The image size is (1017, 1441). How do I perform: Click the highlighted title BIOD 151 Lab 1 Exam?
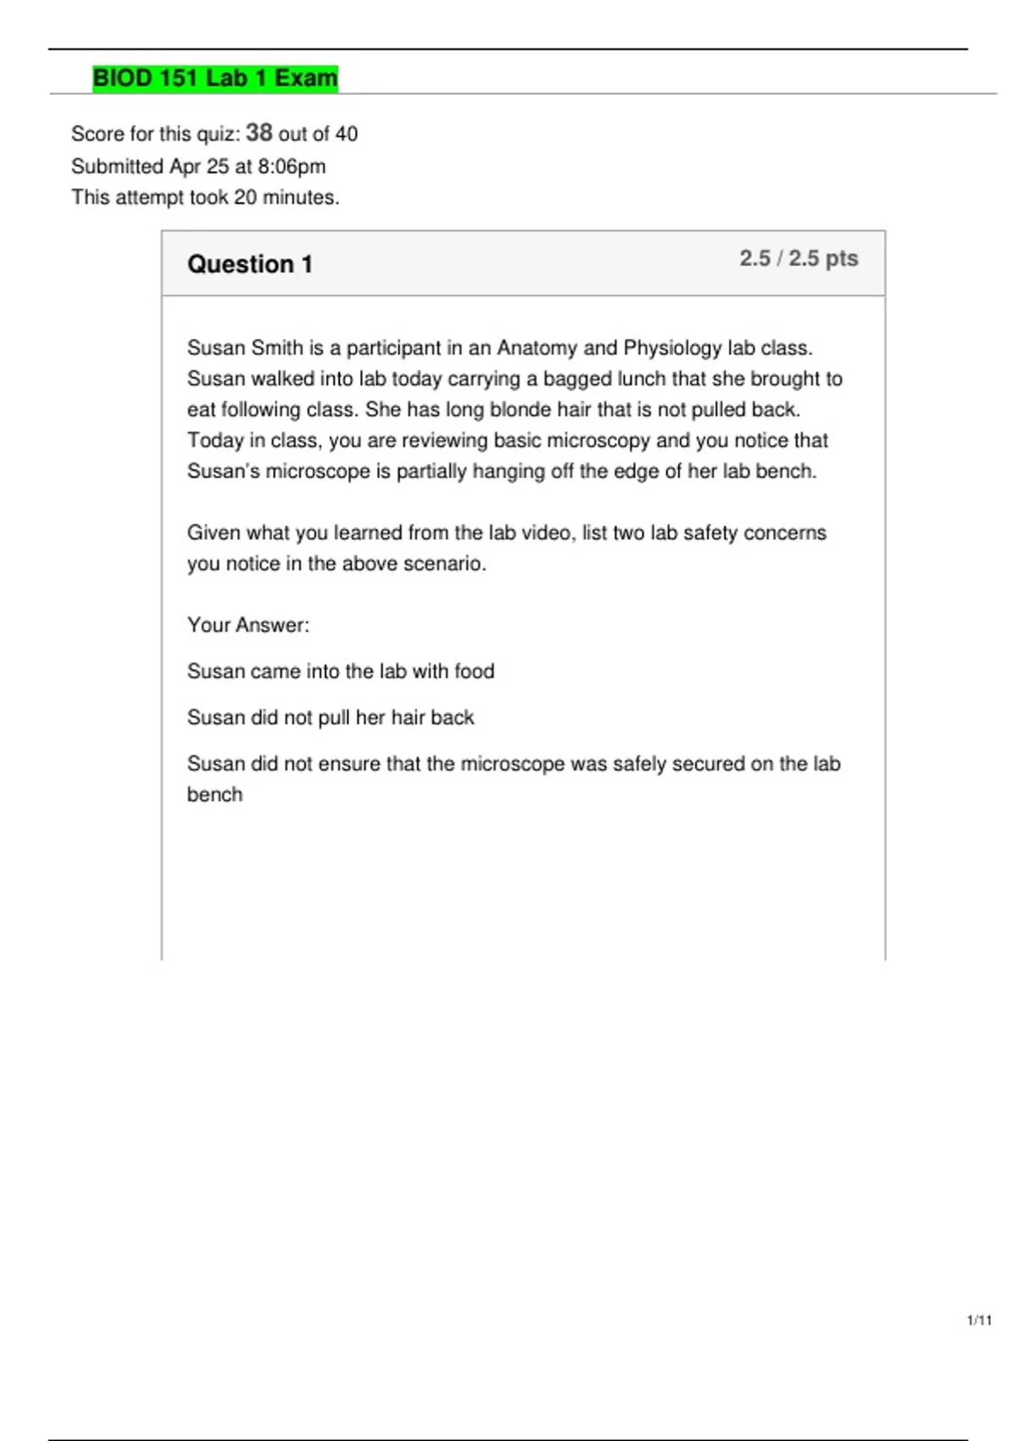pyautogui.click(x=214, y=78)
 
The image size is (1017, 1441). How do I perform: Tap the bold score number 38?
pyautogui.click(x=258, y=133)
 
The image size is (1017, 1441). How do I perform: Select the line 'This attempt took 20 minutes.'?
pyautogui.click(x=205, y=198)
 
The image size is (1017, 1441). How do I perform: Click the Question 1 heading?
pyautogui.click(x=249, y=264)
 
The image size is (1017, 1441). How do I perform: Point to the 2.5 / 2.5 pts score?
pyautogui.click(x=798, y=259)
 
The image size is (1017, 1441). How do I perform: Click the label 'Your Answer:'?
pyautogui.click(x=248, y=626)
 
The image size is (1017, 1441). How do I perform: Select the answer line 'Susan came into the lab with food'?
pyautogui.click(x=341, y=671)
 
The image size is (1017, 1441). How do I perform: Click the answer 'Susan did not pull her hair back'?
pyautogui.click(x=331, y=718)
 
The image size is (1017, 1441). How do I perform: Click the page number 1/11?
pyautogui.click(x=979, y=1320)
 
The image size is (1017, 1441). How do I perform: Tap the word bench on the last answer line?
pyautogui.click(x=214, y=795)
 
